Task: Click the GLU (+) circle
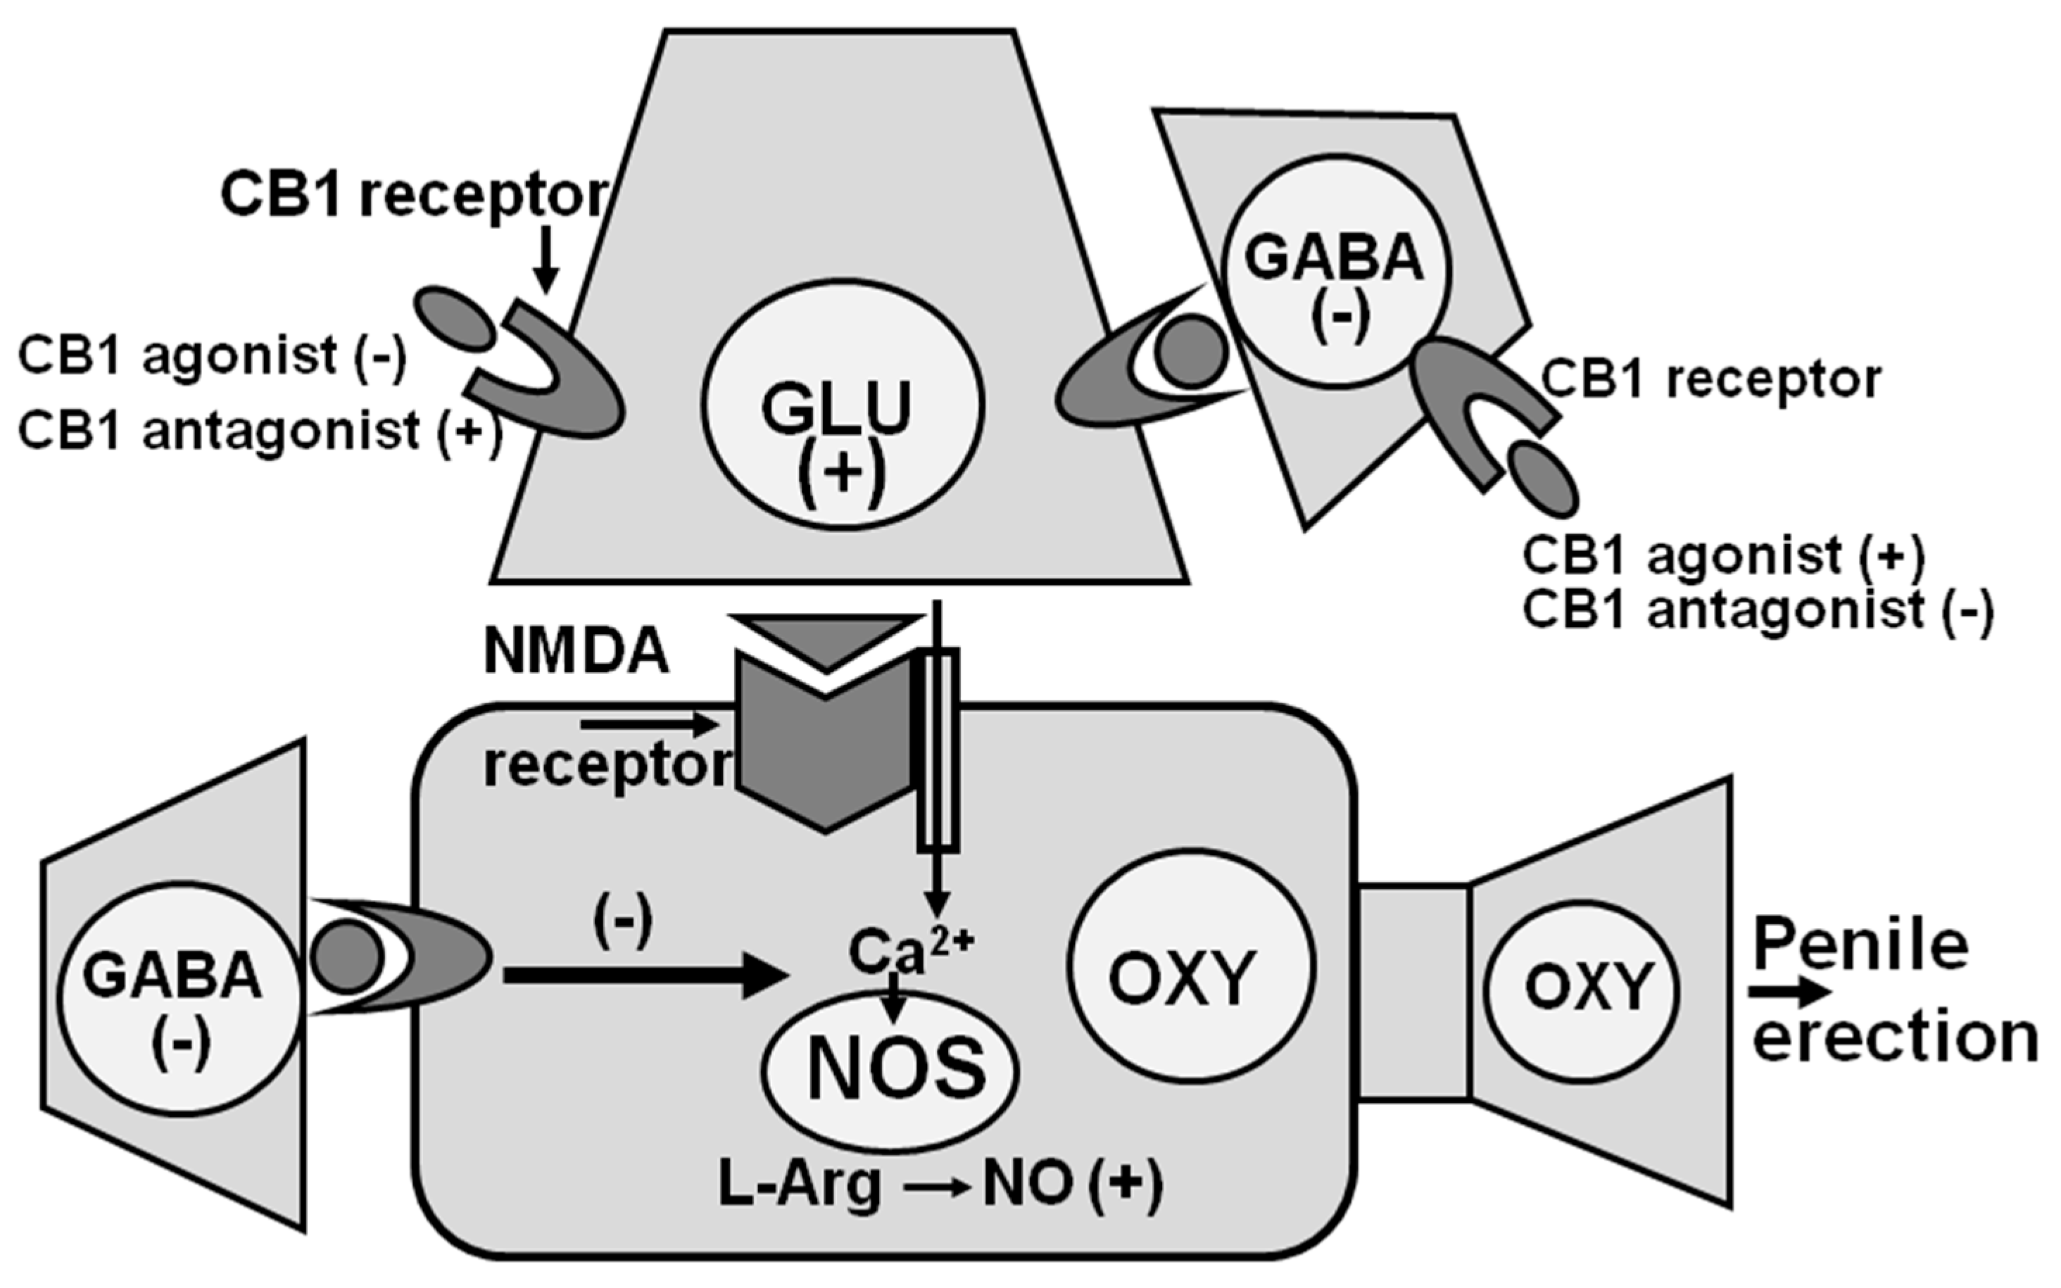click(x=843, y=405)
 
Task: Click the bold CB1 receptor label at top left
click(x=414, y=195)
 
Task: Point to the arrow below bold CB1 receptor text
click(x=546, y=260)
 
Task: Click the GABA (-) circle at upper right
click(x=1335, y=270)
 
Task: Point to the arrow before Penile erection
click(x=1789, y=992)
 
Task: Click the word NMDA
click(x=576, y=652)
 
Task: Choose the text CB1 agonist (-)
click(x=213, y=356)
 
